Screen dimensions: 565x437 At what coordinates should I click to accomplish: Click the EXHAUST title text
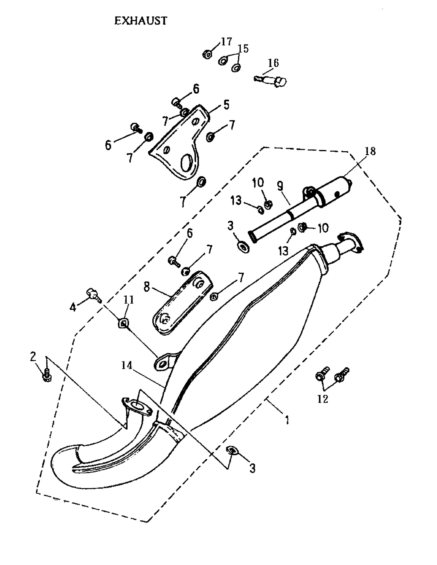[x=141, y=21]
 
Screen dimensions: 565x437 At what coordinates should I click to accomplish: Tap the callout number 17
[x=226, y=42]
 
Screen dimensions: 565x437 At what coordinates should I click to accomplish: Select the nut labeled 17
[x=207, y=54]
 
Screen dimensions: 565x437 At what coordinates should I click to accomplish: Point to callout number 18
[x=370, y=151]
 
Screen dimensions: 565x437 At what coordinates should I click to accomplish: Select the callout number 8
[x=147, y=287]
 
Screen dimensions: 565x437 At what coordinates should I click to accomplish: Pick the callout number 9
[x=280, y=186]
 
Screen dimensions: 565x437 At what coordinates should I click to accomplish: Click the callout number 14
[x=127, y=365]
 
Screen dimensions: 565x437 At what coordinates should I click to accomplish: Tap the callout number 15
[x=243, y=49]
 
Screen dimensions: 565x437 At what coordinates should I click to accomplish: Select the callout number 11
[x=128, y=300]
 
